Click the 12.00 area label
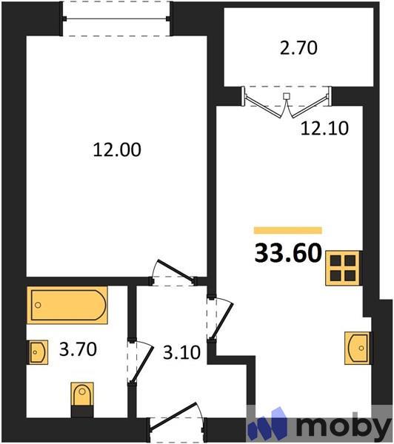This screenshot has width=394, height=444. [116, 149]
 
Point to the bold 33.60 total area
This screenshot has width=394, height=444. [287, 254]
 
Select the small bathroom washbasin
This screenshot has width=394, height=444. [38, 352]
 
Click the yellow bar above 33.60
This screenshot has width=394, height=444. [287, 230]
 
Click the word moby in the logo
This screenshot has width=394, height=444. [343, 427]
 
